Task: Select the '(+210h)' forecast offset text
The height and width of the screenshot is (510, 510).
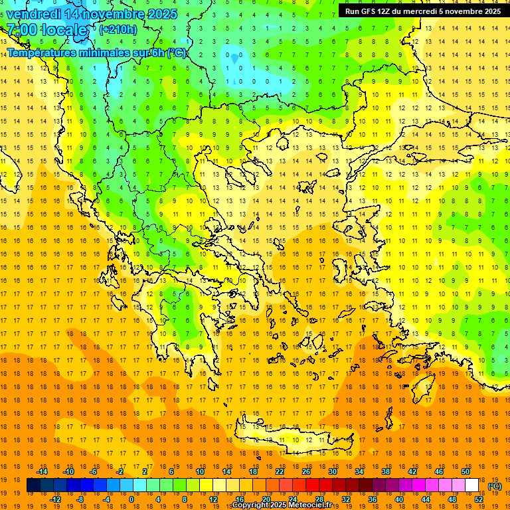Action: pyautogui.click(x=118, y=29)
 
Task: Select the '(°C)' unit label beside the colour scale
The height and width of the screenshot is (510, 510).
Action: pyautogui.click(x=494, y=486)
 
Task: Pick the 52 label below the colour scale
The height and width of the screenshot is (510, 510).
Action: pyautogui.click(x=479, y=499)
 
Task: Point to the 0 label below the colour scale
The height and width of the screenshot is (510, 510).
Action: pyautogui.click(x=131, y=499)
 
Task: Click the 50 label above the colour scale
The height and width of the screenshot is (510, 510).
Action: pyautogui.click(x=466, y=471)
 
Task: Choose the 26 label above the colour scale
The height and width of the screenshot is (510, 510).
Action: pyautogui.click(x=307, y=471)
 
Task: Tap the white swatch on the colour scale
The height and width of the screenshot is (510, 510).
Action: pyautogui.click(x=472, y=485)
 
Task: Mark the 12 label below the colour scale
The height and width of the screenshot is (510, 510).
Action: pyautogui.click(x=212, y=499)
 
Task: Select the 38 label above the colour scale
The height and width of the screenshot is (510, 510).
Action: pyautogui.click(x=386, y=471)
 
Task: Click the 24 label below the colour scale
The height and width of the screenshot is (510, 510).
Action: pyautogui.click(x=292, y=499)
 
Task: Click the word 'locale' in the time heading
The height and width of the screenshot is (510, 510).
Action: pyautogui.click(x=64, y=30)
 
